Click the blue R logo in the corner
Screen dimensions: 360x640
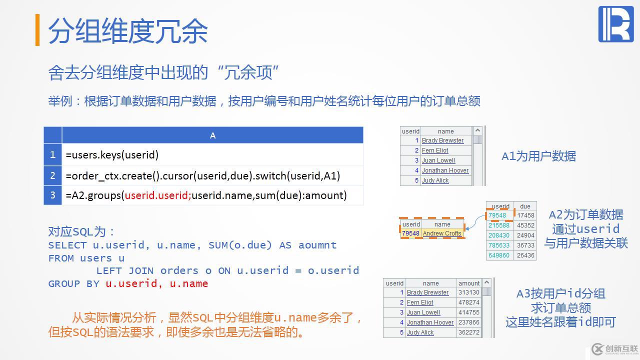[x=615, y=24]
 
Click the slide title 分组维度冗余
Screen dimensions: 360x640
[x=128, y=31]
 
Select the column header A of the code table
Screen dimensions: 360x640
[x=212, y=135]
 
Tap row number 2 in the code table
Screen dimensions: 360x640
[x=52, y=175]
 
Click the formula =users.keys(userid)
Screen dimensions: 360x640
[x=112, y=155]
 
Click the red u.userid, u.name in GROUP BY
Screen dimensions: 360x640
[x=156, y=284]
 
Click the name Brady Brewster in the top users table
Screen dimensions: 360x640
[x=442, y=140]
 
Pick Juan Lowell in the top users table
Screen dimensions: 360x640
[x=438, y=160]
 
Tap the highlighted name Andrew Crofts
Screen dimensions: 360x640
[x=442, y=233]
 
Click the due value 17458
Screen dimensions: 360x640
[x=525, y=215]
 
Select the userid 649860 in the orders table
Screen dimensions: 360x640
[x=499, y=255]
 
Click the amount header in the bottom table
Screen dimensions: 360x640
[x=469, y=283]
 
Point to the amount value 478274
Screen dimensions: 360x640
[x=468, y=302]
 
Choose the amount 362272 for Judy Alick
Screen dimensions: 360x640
[x=468, y=332]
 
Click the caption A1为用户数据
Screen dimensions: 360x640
[x=538, y=156]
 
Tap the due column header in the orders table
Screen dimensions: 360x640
[x=525, y=206]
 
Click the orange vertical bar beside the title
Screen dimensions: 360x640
[x=37, y=30]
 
